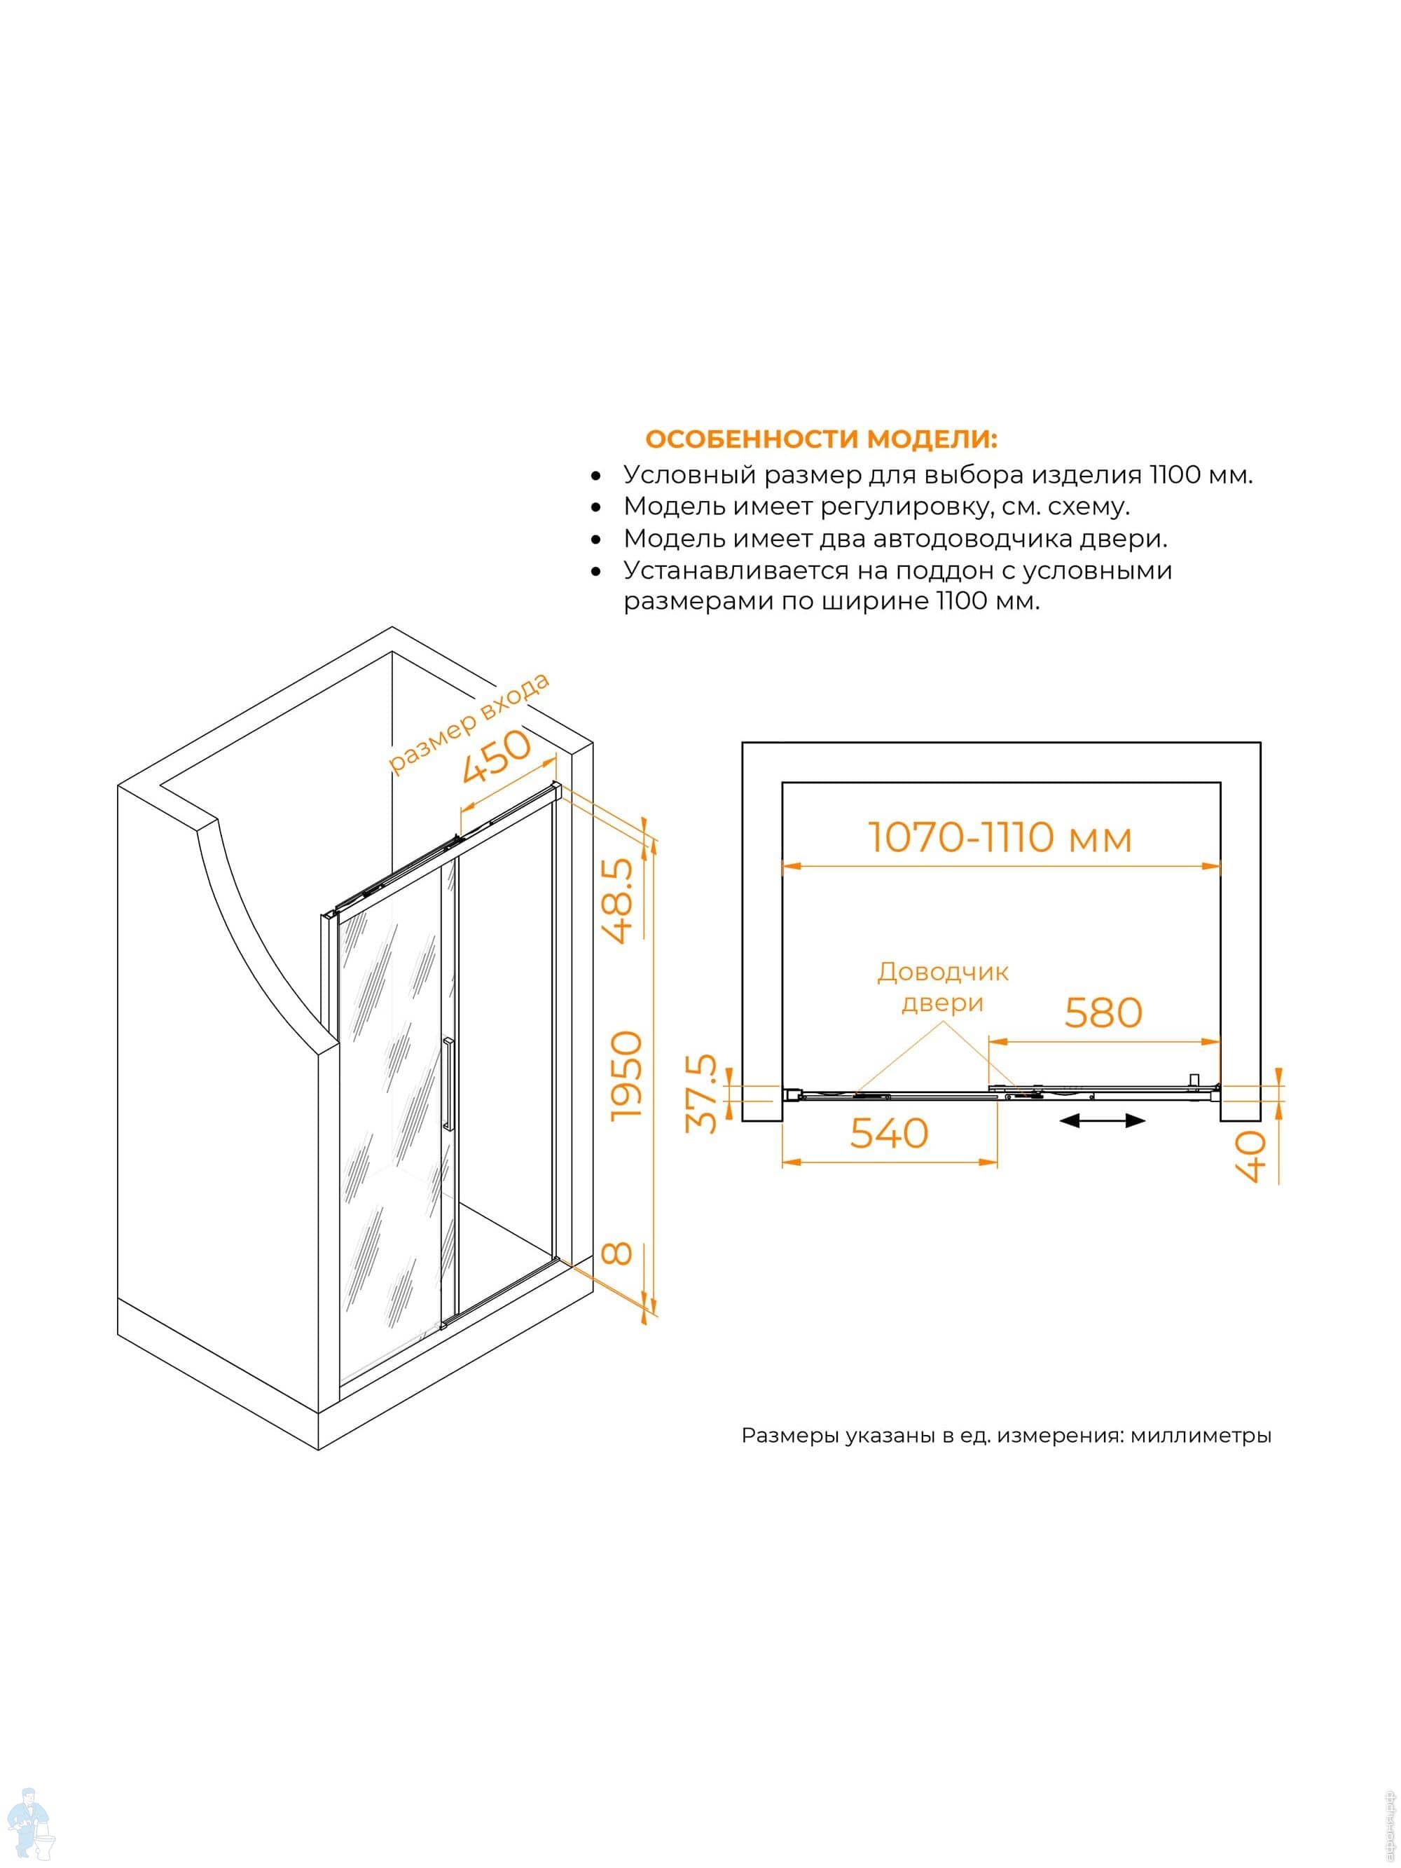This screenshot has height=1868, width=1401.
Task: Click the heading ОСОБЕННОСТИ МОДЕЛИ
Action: click(820, 439)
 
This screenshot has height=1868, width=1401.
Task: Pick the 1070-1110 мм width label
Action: click(1000, 838)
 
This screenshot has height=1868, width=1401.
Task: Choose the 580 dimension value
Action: click(1103, 1012)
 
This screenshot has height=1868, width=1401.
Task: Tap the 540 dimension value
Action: click(888, 1132)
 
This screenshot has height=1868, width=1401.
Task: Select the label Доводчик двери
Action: click(942, 987)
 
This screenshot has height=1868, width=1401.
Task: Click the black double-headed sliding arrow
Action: click(1103, 1120)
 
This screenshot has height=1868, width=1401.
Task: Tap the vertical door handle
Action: click(448, 1083)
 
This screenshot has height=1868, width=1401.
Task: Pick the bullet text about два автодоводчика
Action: click(895, 538)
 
